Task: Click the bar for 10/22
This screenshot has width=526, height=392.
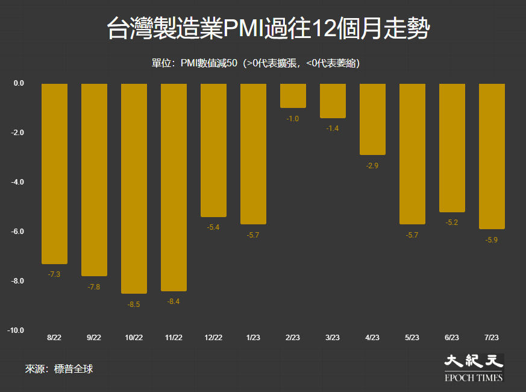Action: pyautogui.click(x=134, y=188)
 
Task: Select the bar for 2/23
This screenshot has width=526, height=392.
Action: pyautogui.click(x=293, y=96)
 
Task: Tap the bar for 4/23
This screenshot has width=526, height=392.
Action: pyautogui.click(x=372, y=119)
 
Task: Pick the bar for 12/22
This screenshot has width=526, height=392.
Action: pyautogui.click(x=213, y=150)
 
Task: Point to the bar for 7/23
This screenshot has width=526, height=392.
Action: pyautogui.click(x=492, y=156)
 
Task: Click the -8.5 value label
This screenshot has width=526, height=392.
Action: pyautogui.click(x=134, y=305)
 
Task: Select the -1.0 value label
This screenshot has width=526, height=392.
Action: pyautogui.click(x=292, y=119)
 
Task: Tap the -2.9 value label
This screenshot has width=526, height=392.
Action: pyautogui.click(x=372, y=166)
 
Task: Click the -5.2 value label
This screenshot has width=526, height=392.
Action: pyautogui.click(x=451, y=223)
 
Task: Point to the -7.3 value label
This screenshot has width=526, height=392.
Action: pyautogui.click(x=54, y=274)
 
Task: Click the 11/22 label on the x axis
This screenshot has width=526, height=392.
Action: pyautogui.click(x=174, y=338)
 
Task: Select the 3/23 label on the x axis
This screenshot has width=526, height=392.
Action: pyautogui.click(x=333, y=338)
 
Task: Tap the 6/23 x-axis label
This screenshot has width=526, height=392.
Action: pyautogui.click(x=452, y=338)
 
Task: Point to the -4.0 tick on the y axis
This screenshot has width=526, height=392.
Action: pyautogui.click(x=17, y=182)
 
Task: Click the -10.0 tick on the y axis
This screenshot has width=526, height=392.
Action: pyautogui.click(x=16, y=330)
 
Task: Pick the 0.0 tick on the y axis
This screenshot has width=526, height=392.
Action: pyautogui.click(x=19, y=83)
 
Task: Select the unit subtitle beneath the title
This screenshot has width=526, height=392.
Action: pyautogui.click(x=255, y=63)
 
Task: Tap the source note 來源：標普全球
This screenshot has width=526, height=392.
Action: pyautogui.click(x=59, y=369)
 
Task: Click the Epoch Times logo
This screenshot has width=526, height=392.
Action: pyautogui.click(x=474, y=368)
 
